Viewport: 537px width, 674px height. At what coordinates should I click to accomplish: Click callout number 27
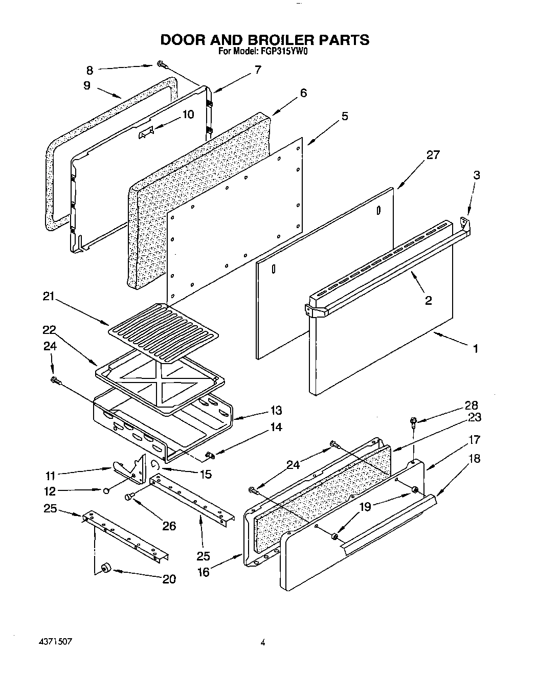(433, 155)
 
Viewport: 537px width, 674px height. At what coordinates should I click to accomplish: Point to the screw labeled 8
(162, 64)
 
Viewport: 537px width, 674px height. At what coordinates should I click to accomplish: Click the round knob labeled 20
(106, 568)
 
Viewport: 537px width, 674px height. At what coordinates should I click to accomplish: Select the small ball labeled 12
(105, 490)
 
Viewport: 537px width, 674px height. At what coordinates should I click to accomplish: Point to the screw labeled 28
(413, 422)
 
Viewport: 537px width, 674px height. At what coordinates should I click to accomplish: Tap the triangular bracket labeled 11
(127, 469)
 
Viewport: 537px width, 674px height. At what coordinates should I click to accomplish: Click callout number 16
(204, 572)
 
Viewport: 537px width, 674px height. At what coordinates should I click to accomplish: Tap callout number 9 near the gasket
(87, 86)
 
